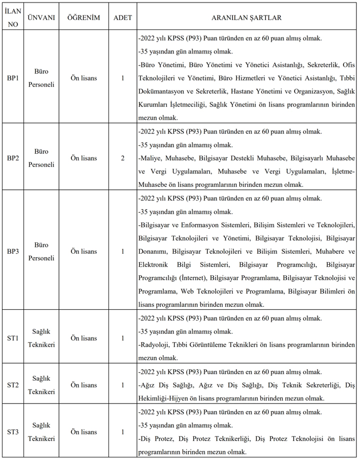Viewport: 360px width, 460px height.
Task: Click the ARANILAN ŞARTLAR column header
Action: [x=246, y=17]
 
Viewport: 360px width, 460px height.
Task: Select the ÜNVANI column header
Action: [x=41, y=17]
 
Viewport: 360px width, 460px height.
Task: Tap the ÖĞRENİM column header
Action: [x=83, y=17]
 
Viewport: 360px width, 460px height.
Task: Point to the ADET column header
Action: [x=122, y=17]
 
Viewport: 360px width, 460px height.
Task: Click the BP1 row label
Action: [x=13, y=78]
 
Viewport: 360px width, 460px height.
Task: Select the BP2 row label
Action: [x=13, y=158]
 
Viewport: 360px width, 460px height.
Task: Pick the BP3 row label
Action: [x=13, y=251]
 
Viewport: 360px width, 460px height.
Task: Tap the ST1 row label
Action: [x=13, y=338]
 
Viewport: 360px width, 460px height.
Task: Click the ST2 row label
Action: [x=13, y=385]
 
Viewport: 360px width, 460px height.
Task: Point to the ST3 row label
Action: [x=13, y=432]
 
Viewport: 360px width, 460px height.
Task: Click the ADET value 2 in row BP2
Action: [x=122, y=158]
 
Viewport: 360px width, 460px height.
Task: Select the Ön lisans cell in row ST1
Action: [x=83, y=338]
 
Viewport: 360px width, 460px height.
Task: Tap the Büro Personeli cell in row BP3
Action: [x=41, y=251]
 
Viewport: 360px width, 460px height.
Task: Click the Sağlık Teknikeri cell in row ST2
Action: [x=41, y=385]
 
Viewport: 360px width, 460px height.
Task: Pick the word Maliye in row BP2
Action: [x=152, y=158]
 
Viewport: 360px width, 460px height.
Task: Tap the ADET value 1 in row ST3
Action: [x=122, y=432]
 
